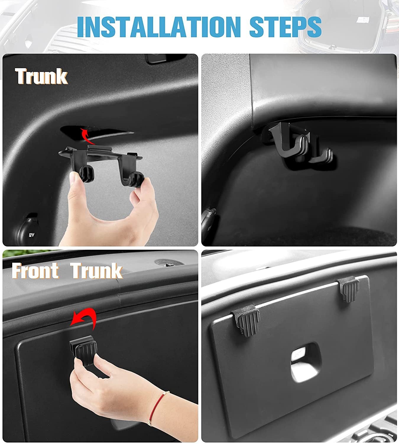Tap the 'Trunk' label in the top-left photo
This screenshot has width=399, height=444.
coord(41,76)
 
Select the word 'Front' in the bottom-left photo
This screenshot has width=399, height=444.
coord(35,271)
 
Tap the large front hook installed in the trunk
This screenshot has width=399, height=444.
coord(284,142)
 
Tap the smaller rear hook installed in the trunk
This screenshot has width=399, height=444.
coord(322,155)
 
